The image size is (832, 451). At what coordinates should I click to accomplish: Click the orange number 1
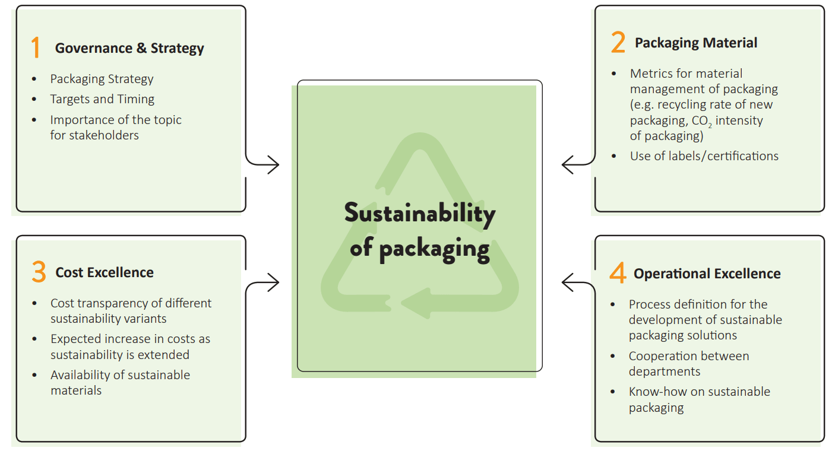36,48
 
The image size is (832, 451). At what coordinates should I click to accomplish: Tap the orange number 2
618,43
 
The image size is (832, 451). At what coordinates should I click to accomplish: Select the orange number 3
39,272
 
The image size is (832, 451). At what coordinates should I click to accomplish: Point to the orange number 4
618,274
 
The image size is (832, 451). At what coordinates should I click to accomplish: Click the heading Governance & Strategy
129,49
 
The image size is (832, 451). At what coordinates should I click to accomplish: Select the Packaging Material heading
696,43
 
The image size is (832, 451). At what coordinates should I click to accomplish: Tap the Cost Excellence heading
105,272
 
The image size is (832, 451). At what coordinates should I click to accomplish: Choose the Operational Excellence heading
707,274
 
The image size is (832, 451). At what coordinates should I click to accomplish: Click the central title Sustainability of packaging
419,230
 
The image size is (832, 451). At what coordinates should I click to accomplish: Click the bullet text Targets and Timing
102,99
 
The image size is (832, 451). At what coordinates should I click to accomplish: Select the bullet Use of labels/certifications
704,156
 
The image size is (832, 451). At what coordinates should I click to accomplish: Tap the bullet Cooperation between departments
688,364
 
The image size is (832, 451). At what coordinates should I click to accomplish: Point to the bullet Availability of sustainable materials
120,383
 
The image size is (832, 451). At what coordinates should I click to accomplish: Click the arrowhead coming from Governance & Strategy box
274,164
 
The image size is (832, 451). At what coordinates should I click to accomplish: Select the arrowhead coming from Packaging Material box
567,164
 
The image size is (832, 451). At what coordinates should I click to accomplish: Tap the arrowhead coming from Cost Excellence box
274,282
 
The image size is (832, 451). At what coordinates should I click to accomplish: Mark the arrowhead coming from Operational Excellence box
567,282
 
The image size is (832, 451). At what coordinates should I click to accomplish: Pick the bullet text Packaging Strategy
102,79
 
